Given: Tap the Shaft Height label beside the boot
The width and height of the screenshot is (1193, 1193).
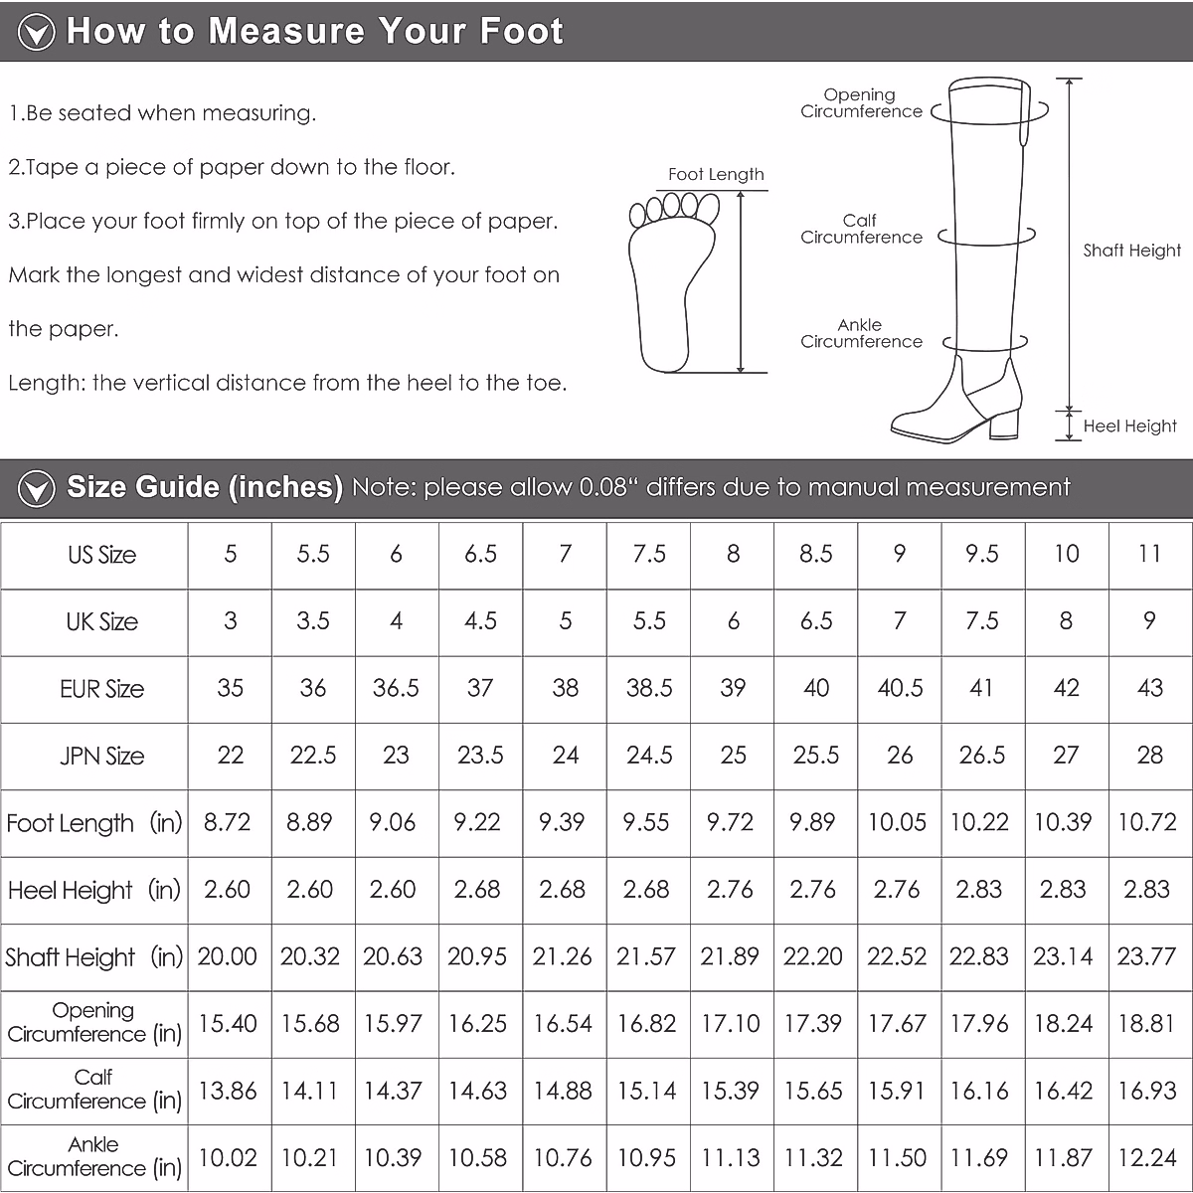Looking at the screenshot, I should [1131, 251].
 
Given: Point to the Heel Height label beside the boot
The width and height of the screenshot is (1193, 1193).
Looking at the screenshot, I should [1129, 426].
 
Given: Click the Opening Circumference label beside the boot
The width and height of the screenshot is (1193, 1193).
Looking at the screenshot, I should [861, 103].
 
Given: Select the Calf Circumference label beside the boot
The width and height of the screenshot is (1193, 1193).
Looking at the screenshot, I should [861, 229].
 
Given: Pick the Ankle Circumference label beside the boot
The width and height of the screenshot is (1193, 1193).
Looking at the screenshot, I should [861, 333].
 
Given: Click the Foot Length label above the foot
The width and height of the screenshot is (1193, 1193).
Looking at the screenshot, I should [716, 174].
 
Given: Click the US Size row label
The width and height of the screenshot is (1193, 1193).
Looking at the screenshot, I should [101, 555].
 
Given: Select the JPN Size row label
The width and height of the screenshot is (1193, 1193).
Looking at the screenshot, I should [101, 756].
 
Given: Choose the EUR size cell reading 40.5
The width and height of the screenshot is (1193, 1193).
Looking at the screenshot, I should [900, 688].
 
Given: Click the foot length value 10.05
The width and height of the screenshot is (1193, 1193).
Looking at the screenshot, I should [897, 822].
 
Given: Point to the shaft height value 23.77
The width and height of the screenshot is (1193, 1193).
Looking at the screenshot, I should [1146, 956].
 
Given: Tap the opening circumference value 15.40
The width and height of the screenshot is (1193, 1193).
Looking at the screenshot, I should [228, 1023].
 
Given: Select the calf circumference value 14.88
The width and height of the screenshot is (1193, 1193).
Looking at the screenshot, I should [563, 1091].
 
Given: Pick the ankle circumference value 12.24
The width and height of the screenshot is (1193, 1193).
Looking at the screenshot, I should [1146, 1157].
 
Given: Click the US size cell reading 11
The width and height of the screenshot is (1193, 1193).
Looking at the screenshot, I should [1149, 554].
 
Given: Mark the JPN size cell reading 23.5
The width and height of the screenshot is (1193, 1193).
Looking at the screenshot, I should [480, 756].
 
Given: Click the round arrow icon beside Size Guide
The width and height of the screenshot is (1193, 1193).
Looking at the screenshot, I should [38, 488].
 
